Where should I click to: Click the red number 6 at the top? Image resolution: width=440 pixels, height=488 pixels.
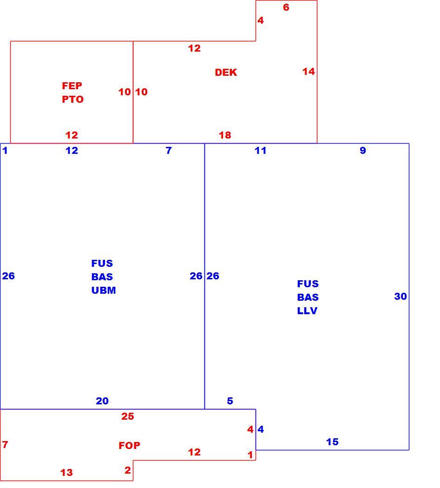coord(286,7)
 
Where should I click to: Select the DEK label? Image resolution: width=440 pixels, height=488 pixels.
coord(226,73)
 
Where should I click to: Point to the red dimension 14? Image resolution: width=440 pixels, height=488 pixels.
coord(309,72)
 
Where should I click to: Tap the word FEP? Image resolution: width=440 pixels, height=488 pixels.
coord(72,86)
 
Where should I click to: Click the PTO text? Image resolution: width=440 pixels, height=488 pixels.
coord(73,99)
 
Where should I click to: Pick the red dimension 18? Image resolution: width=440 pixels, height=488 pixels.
coord(225,135)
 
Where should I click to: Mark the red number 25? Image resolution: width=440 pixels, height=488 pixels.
coord(128,416)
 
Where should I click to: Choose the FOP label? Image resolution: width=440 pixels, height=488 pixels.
coord(130,445)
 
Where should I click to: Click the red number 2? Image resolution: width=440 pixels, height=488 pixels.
coord(128,470)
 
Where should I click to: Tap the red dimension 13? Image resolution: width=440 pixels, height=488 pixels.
coord(66,473)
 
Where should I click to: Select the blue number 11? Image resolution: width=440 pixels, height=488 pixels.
coord(261,151)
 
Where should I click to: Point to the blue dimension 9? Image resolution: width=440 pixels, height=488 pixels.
coord(363,150)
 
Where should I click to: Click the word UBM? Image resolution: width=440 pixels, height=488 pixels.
coord(104,290)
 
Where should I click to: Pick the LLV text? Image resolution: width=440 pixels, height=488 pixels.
coord(307,310)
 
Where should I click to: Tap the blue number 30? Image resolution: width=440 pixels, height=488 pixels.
coord(401,297)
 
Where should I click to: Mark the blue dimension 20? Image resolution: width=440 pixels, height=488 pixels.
coord(102,401)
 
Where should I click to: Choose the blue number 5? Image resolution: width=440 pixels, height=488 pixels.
coord(230,401)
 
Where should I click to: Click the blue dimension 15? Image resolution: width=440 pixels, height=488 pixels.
coord(332,442)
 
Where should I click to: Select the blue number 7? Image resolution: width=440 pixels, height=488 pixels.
coord(169,151)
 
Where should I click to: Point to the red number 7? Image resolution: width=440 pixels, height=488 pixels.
coord(5,444)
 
